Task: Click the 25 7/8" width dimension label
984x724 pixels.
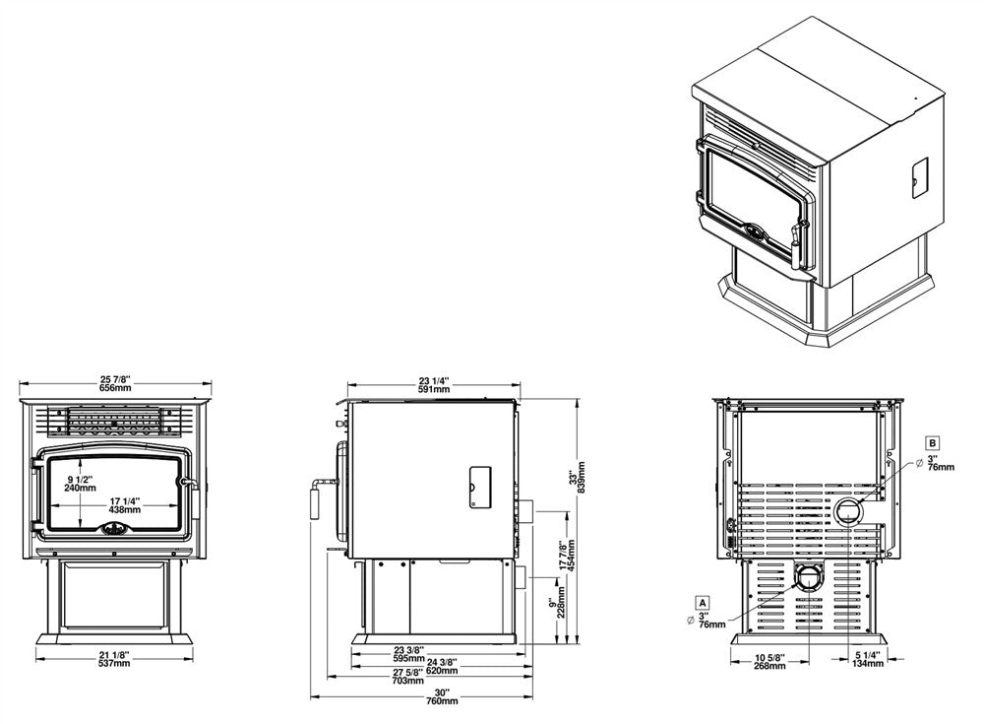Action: pyautogui.click(x=116, y=383)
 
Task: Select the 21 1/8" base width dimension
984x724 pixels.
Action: pyautogui.click(x=116, y=659)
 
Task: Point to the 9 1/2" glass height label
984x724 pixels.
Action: pyautogui.click(x=80, y=482)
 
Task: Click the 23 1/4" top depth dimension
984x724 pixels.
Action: pyautogui.click(x=433, y=384)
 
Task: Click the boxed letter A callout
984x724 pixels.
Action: pyautogui.click(x=702, y=601)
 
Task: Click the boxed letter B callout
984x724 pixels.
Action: pyautogui.click(x=932, y=442)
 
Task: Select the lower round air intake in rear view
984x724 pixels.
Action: pyautogui.click(x=808, y=578)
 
